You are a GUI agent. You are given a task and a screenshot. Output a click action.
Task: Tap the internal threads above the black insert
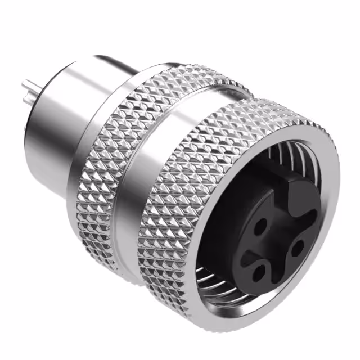292,155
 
